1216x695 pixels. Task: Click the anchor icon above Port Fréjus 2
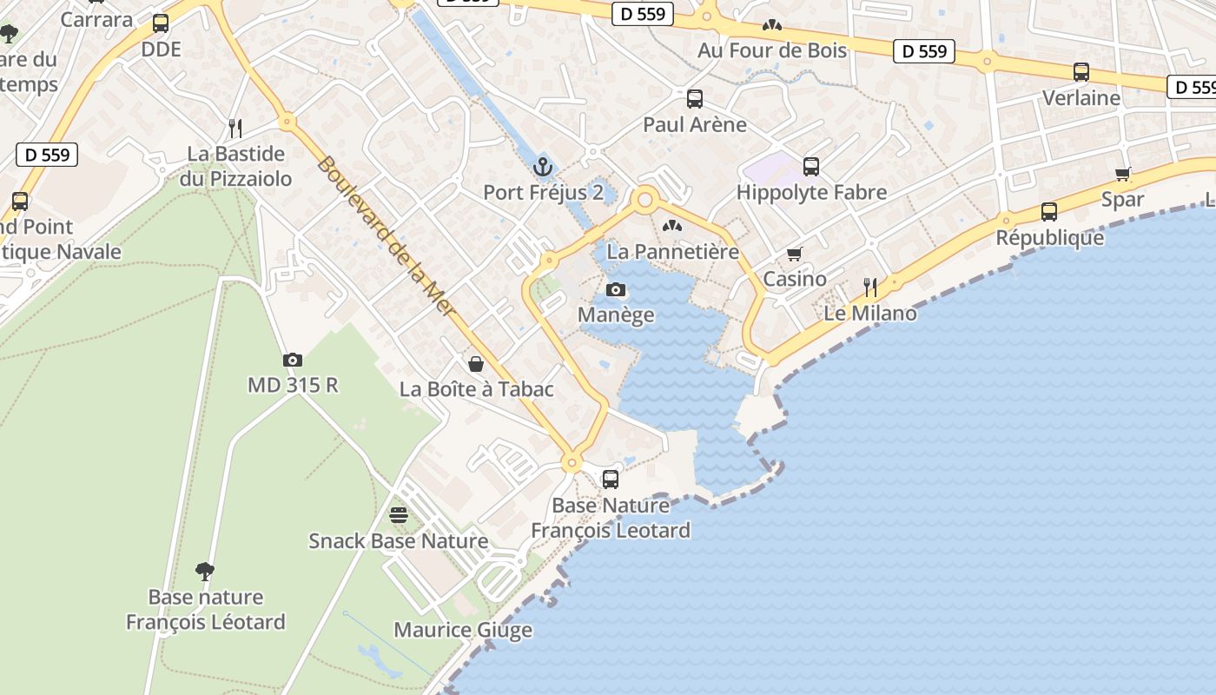[x=543, y=166]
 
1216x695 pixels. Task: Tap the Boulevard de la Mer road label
[x=387, y=235]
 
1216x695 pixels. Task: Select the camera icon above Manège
[x=616, y=289]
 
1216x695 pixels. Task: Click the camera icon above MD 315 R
[x=293, y=360]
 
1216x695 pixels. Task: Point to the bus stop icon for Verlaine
[x=1081, y=72]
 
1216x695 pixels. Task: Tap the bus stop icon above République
[x=1049, y=211]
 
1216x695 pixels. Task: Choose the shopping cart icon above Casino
[x=794, y=255]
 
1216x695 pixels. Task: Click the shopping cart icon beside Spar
[x=1123, y=174]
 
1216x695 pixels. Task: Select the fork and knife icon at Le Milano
[x=869, y=287]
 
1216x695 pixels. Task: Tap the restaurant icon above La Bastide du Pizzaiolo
[x=235, y=129]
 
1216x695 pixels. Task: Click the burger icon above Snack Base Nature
[x=399, y=515]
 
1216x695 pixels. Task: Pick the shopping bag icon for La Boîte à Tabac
[x=476, y=363]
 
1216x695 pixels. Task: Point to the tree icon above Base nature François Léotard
[x=205, y=571]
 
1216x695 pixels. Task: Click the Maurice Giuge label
[x=463, y=630]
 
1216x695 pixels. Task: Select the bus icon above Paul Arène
[x=694, y=98]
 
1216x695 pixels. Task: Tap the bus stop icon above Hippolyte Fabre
[x=811, y=166]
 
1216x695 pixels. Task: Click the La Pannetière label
[x=672, y=252]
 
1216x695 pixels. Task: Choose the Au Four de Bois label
[x=771, y=50]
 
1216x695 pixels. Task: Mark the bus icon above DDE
[x=161, y=23]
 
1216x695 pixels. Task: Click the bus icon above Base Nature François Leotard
[x=611, y=479]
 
